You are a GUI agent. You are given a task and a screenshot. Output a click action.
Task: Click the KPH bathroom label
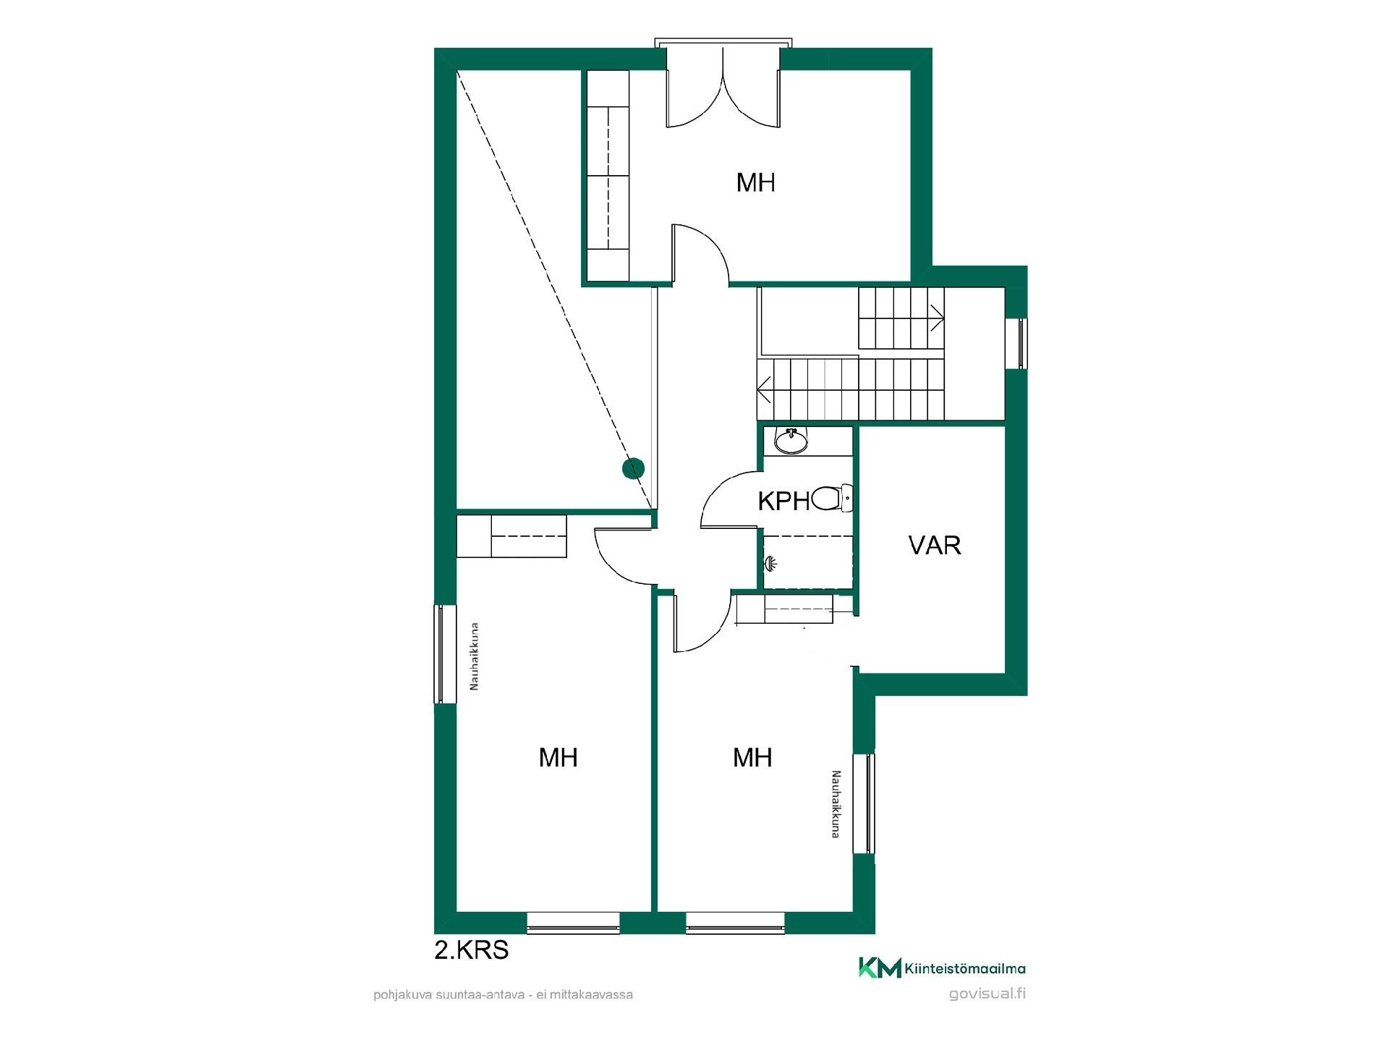click(x=783, y=501)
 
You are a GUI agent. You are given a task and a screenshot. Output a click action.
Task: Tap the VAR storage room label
click(x=935, y=546)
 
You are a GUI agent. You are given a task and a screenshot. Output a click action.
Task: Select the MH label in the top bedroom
click(x=755, y=182)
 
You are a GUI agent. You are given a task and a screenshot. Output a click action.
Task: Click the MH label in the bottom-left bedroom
click(x=558, y=758)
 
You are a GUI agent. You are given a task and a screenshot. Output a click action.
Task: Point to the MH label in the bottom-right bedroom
click(x=752, y=758)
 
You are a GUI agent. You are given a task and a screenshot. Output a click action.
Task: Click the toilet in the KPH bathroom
click(x=831, y=499)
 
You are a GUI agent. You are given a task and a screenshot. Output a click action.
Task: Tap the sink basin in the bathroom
click(x=791, y=441)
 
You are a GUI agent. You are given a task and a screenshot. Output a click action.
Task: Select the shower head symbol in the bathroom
click(x=771, y=562)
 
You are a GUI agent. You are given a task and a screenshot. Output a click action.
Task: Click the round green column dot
click(x=633, y=468)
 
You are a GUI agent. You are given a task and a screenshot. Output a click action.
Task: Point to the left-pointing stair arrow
click(x=764, y=391)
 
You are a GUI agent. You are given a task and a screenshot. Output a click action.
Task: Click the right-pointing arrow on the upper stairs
click(x=937, y=317)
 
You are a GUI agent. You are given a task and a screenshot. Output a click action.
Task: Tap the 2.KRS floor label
click(x=471, y=949)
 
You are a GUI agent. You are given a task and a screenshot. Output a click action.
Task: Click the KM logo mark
click(x=880, y=967)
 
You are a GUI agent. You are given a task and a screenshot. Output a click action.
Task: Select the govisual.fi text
click(x=987, y=994)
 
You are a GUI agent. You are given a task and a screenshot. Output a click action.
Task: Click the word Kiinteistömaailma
click(x=965, y=969)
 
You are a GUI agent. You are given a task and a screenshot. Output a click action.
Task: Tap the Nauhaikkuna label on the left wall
click(x=475, y=656)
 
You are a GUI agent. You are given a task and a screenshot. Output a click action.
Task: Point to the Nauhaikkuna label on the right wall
click(x=835, y=804)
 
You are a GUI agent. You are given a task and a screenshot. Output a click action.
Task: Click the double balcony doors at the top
click(x=723, y=85)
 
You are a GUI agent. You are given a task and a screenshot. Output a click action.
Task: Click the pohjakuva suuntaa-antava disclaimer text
click(x=503, y=995)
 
